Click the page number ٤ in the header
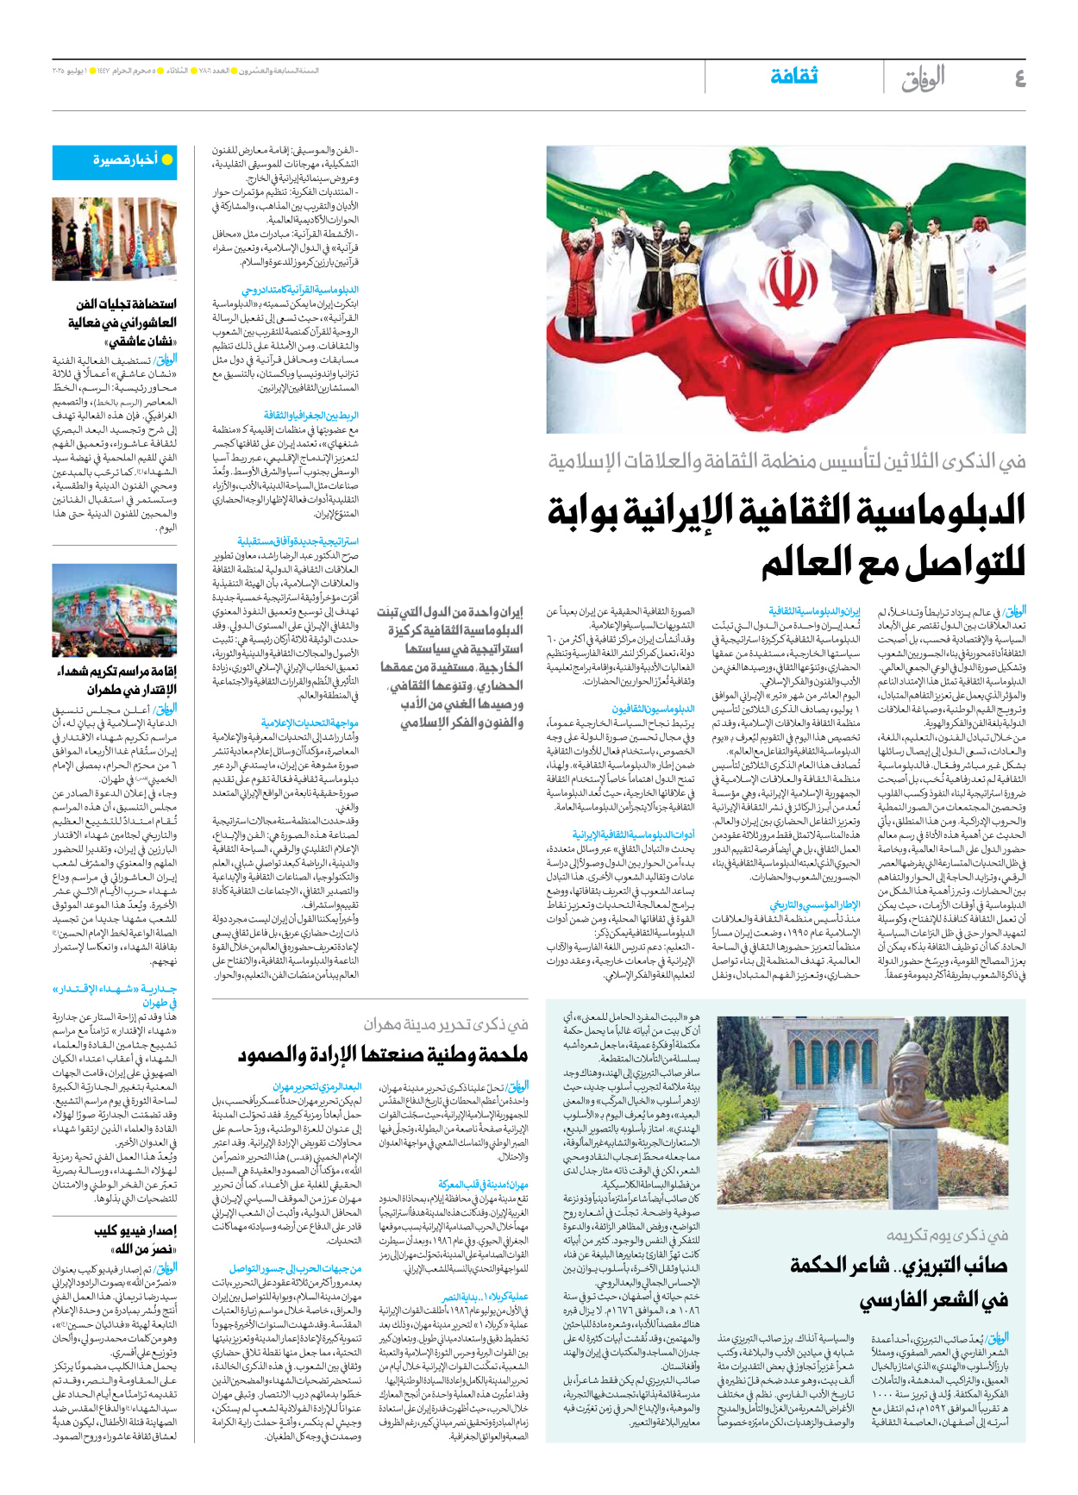pos(1018,78)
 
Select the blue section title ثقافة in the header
pos(793,76)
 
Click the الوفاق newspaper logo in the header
pos(923,78)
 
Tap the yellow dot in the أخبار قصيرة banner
pos(167,160)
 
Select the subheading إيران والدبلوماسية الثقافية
pos(814,610)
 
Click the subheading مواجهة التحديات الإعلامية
pos(310,722)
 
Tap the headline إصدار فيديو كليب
pos(135,1230)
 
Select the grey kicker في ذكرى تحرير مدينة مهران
pos(445,1024)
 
